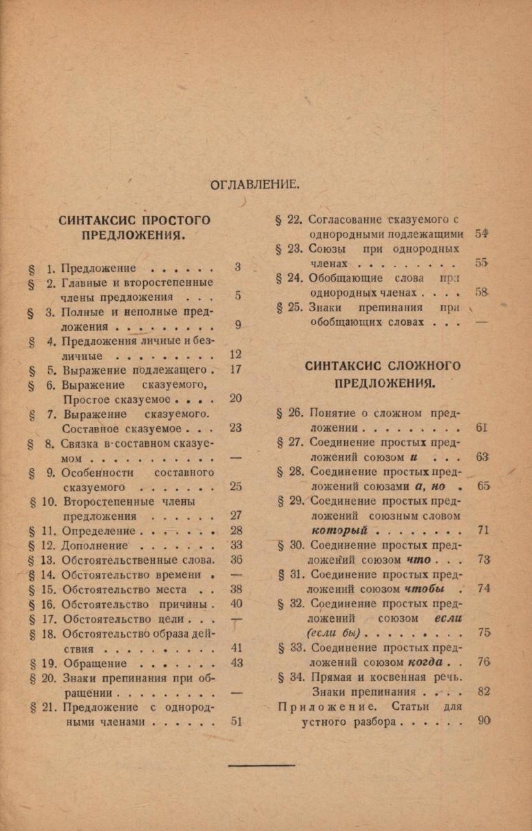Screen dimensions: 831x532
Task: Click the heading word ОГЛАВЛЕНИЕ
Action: pos(254,184)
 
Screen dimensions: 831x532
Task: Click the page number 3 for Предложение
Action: pos(237,267)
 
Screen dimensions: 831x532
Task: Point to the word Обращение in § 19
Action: pos(94,663)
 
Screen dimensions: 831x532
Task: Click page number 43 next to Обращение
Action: pos(236,663)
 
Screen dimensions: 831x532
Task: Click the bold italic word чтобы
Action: pos(423,589)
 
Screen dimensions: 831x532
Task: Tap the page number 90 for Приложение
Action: pos(483,722)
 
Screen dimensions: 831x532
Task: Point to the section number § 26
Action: pos(290,413)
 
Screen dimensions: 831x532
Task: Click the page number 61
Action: pos(482,428)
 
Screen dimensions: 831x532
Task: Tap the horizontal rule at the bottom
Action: pos(262,765)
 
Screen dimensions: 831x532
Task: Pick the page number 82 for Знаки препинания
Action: pos(483,692)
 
